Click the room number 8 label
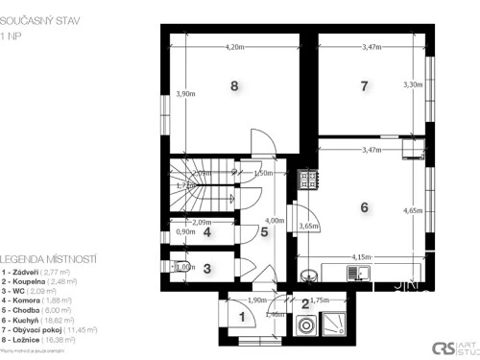[x=234, y=85]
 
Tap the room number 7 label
[x=364, y=86]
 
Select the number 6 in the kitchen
[x=364, y=206]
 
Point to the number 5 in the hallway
[x=263, y=231]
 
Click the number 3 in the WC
[x=206, y=270]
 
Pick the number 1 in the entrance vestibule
[x=242, y=317]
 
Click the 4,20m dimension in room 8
[x=234, y=47]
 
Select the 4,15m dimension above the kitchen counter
[x=361, y=257]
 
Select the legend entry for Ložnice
[x=43, y=339]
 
